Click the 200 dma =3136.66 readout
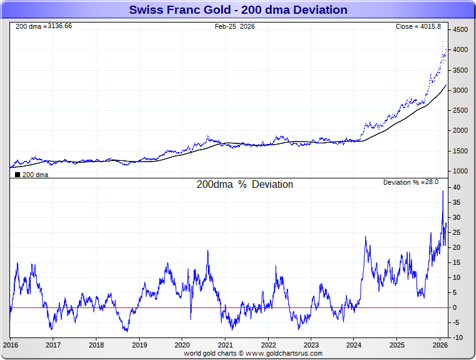click(x=44, y=26)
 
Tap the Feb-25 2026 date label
click(x=235, y=26)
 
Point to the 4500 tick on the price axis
click(x=460, y=29)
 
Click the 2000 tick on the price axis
click(x=460, y=131)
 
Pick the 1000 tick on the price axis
click(x=460, y=171)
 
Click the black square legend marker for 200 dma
click(x=18, y=175)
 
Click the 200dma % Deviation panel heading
click(x=245, y=185)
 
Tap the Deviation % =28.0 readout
click(x=411, y=182)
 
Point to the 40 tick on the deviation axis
click(x=457, y=188)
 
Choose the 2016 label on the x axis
click(x=10, y=345)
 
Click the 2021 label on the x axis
click(x=225, y=345)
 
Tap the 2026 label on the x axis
click(x=440, y=345)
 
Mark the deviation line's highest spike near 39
click(x=443, y=192)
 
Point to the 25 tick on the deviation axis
click(x=457, y=233)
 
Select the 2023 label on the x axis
click(x=311, y=345)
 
